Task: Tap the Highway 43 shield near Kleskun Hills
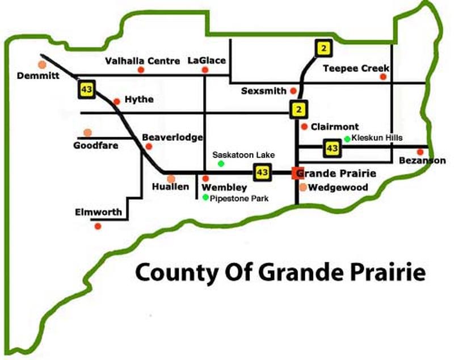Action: point(331,149)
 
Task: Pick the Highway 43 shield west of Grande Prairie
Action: point(262,172)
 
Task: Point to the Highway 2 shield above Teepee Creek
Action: point(323,49)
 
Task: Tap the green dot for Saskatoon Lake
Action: point(221,164)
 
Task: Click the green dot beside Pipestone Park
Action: point(205,197)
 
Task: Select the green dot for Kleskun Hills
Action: point(347,138)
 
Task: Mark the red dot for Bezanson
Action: point(420,152)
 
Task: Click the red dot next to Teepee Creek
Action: point(383,77)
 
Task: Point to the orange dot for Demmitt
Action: point(41,65)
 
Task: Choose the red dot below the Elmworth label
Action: point(98,226)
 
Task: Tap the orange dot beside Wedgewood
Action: point(303,187)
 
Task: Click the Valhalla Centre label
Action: point(142,61)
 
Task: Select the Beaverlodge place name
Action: point(165,137)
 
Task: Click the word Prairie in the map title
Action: point(386,273)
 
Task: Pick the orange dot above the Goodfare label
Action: point(87,133)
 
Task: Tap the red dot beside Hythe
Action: point(116,101)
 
